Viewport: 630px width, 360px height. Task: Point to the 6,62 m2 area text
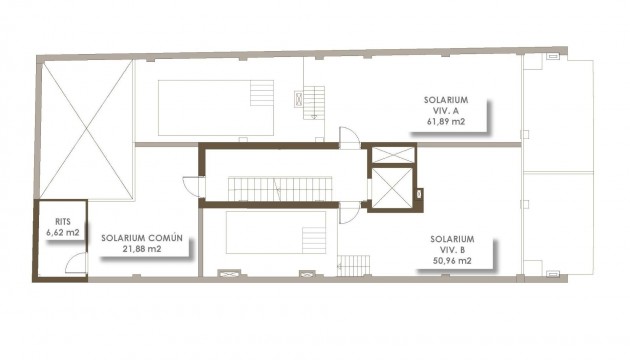coord(61,232)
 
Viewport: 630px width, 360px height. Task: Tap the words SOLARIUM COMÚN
coord(141,238)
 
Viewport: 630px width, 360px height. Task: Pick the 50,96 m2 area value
coord(452,261)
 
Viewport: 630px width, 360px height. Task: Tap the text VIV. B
coord(451,250)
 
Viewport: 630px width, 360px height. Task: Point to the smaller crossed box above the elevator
coord(390,156)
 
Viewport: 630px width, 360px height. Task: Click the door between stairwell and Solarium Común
coord(191,186)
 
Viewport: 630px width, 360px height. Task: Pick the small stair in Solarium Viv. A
coord(314,100)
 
